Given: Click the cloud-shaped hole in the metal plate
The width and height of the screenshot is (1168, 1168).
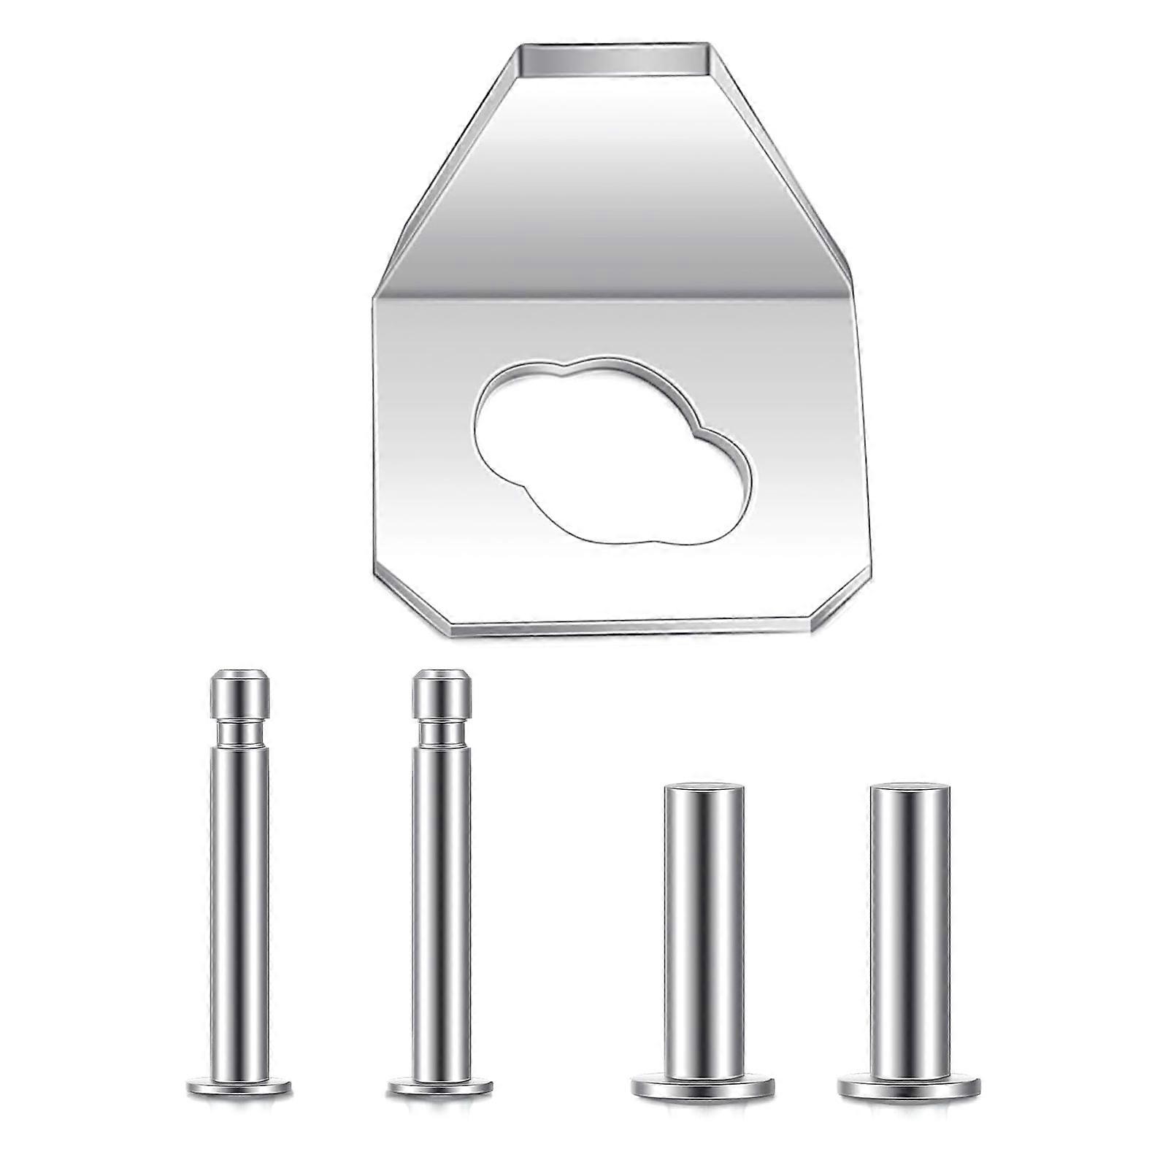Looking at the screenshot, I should tap(613, 453).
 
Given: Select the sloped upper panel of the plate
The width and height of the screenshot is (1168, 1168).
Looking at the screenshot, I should tap(613, 182).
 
